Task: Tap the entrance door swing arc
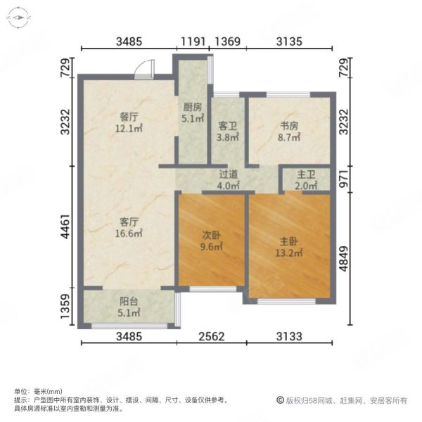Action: [x=143, y=68]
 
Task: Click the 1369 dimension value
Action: [x=228, y=41]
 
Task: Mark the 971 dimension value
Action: [x=344, y=179]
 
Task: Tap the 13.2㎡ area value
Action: [x=288, y=252]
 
